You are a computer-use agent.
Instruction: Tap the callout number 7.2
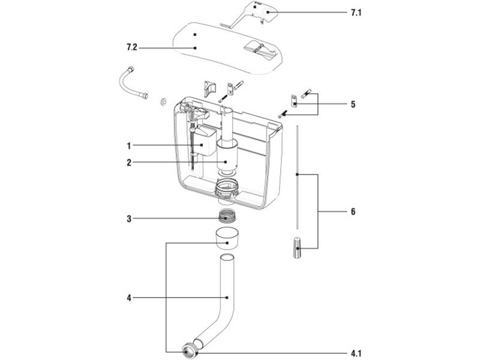[133, 47]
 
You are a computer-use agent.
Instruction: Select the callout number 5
[352, 104]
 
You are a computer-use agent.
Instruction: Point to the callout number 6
[353, 212]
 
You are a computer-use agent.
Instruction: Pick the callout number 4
[128, 298]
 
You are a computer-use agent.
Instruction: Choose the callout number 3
[128, 218]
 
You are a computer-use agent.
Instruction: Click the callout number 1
[128, 145]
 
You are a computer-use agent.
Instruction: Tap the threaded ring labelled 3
[226, 217]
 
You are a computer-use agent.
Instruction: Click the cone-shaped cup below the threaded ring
[226, 238]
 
